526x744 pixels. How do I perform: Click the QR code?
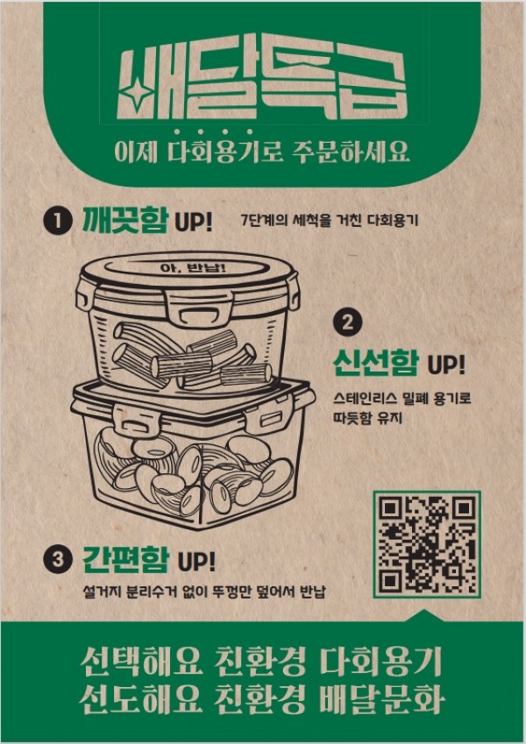click(427, 542)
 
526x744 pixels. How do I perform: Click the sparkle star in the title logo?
click(135, 90)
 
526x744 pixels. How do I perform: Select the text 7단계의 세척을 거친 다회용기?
click(329, 220)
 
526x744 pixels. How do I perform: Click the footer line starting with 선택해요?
click(262, 662)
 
